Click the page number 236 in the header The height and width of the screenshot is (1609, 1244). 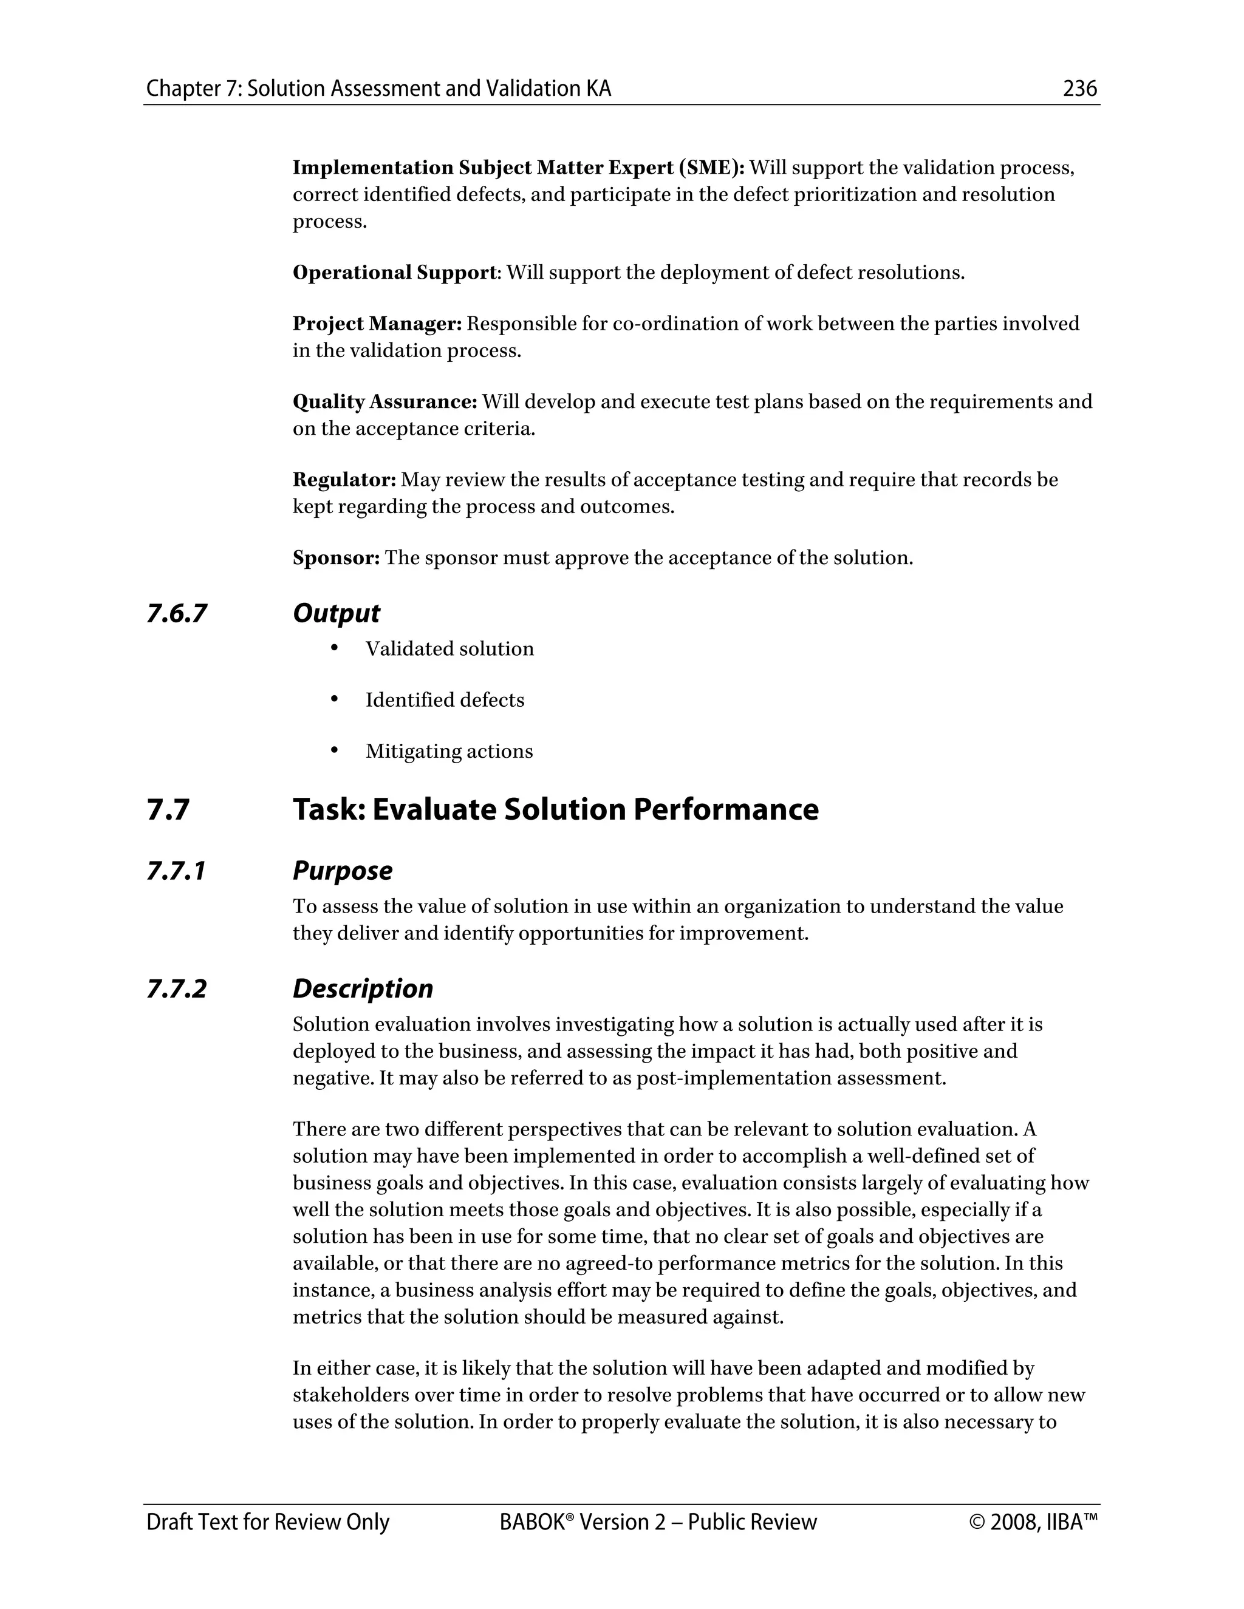[x=1079, y=89]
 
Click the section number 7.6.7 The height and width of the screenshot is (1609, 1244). [x=177, y=614]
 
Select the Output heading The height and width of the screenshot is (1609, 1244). [x=336, y=614]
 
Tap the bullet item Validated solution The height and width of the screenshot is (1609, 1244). [x=449, y=649]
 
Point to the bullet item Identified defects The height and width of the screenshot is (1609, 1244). [x=445, y=700]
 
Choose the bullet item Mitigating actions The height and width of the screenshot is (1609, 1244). [x=449, y=752]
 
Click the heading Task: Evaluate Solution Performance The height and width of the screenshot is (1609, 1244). [x=556, y=809]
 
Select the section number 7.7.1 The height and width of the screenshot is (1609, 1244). [x=176, y=871]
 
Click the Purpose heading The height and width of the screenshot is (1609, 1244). [x=342, y=871]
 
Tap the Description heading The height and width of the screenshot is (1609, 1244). [x=363, y=988]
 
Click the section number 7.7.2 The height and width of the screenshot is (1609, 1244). [x=177, y=988]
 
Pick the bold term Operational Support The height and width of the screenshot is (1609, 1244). [x=395, y=273]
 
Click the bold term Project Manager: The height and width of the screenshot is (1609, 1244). [x=377, y=324]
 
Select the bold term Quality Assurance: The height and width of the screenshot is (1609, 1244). [x=384, y=402]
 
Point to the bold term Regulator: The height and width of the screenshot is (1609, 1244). [x=344, y=480]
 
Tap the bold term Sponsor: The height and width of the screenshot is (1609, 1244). [x=336, y=559]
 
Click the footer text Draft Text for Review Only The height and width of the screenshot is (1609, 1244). [x=267, y=1522]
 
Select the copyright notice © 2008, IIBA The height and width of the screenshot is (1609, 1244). [x=1034, y=1522]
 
